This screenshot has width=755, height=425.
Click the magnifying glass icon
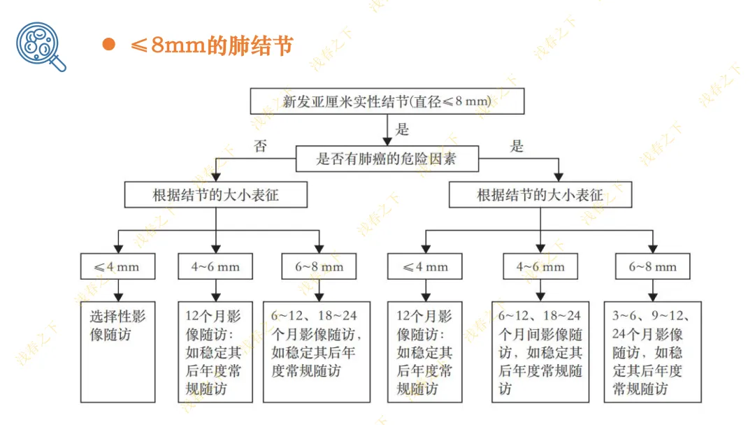41,46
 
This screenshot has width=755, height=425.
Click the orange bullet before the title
108,45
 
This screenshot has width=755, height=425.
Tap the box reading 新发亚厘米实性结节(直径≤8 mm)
387,101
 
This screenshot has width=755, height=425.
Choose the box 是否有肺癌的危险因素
387,159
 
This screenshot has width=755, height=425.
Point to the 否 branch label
261,147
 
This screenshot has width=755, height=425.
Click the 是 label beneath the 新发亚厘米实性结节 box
402,129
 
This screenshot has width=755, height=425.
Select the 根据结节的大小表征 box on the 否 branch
215,195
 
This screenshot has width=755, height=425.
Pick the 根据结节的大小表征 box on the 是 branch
540,195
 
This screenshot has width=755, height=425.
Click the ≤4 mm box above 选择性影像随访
118,266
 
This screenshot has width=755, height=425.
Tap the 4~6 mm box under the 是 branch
540,266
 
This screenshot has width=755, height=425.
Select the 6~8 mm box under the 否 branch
318,266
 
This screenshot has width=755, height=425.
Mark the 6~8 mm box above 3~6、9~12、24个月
652,266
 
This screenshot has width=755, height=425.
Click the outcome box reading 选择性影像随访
118,352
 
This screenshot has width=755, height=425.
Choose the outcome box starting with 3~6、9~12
652,352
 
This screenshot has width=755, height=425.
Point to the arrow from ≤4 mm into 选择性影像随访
118,290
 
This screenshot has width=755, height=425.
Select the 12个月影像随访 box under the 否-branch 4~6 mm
215,352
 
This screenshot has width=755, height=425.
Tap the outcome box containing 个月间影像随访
540,352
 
